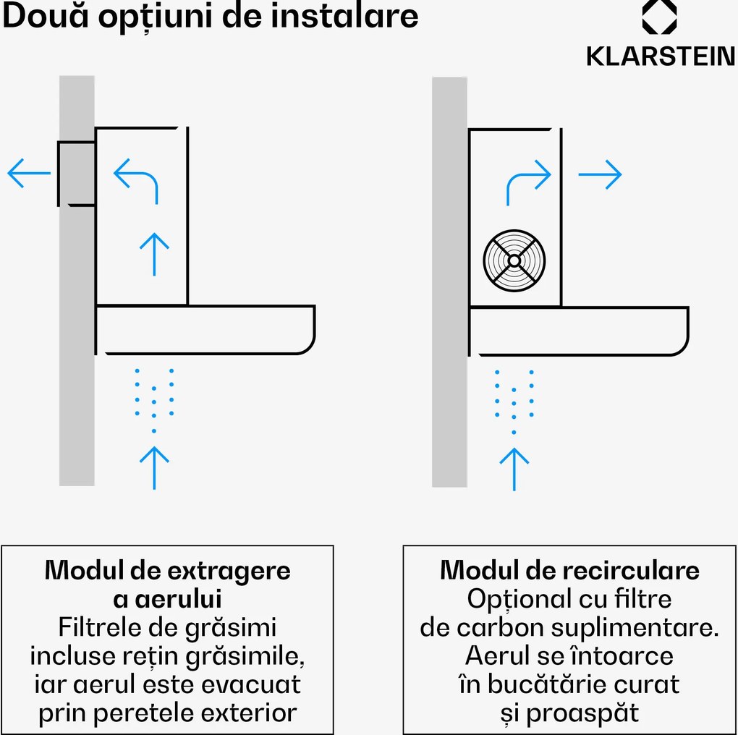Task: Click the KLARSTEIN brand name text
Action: pyautogui.click(x=661, y=56)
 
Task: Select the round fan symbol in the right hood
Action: pyautogui.click(x=514, y=260)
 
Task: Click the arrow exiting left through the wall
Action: pyautogui.click(x=29, y=174)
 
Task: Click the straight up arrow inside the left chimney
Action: pyautogui.click(x=154, y=253)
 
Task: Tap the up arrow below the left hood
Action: pyautogui.click(x=154, y=467)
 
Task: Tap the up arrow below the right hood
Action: pyautogui.click(x=514, y=468)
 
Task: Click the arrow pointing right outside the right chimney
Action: pyautogui.click(x=600, y=174)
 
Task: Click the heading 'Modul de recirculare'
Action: pyautogui.click(x=569, y=570)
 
